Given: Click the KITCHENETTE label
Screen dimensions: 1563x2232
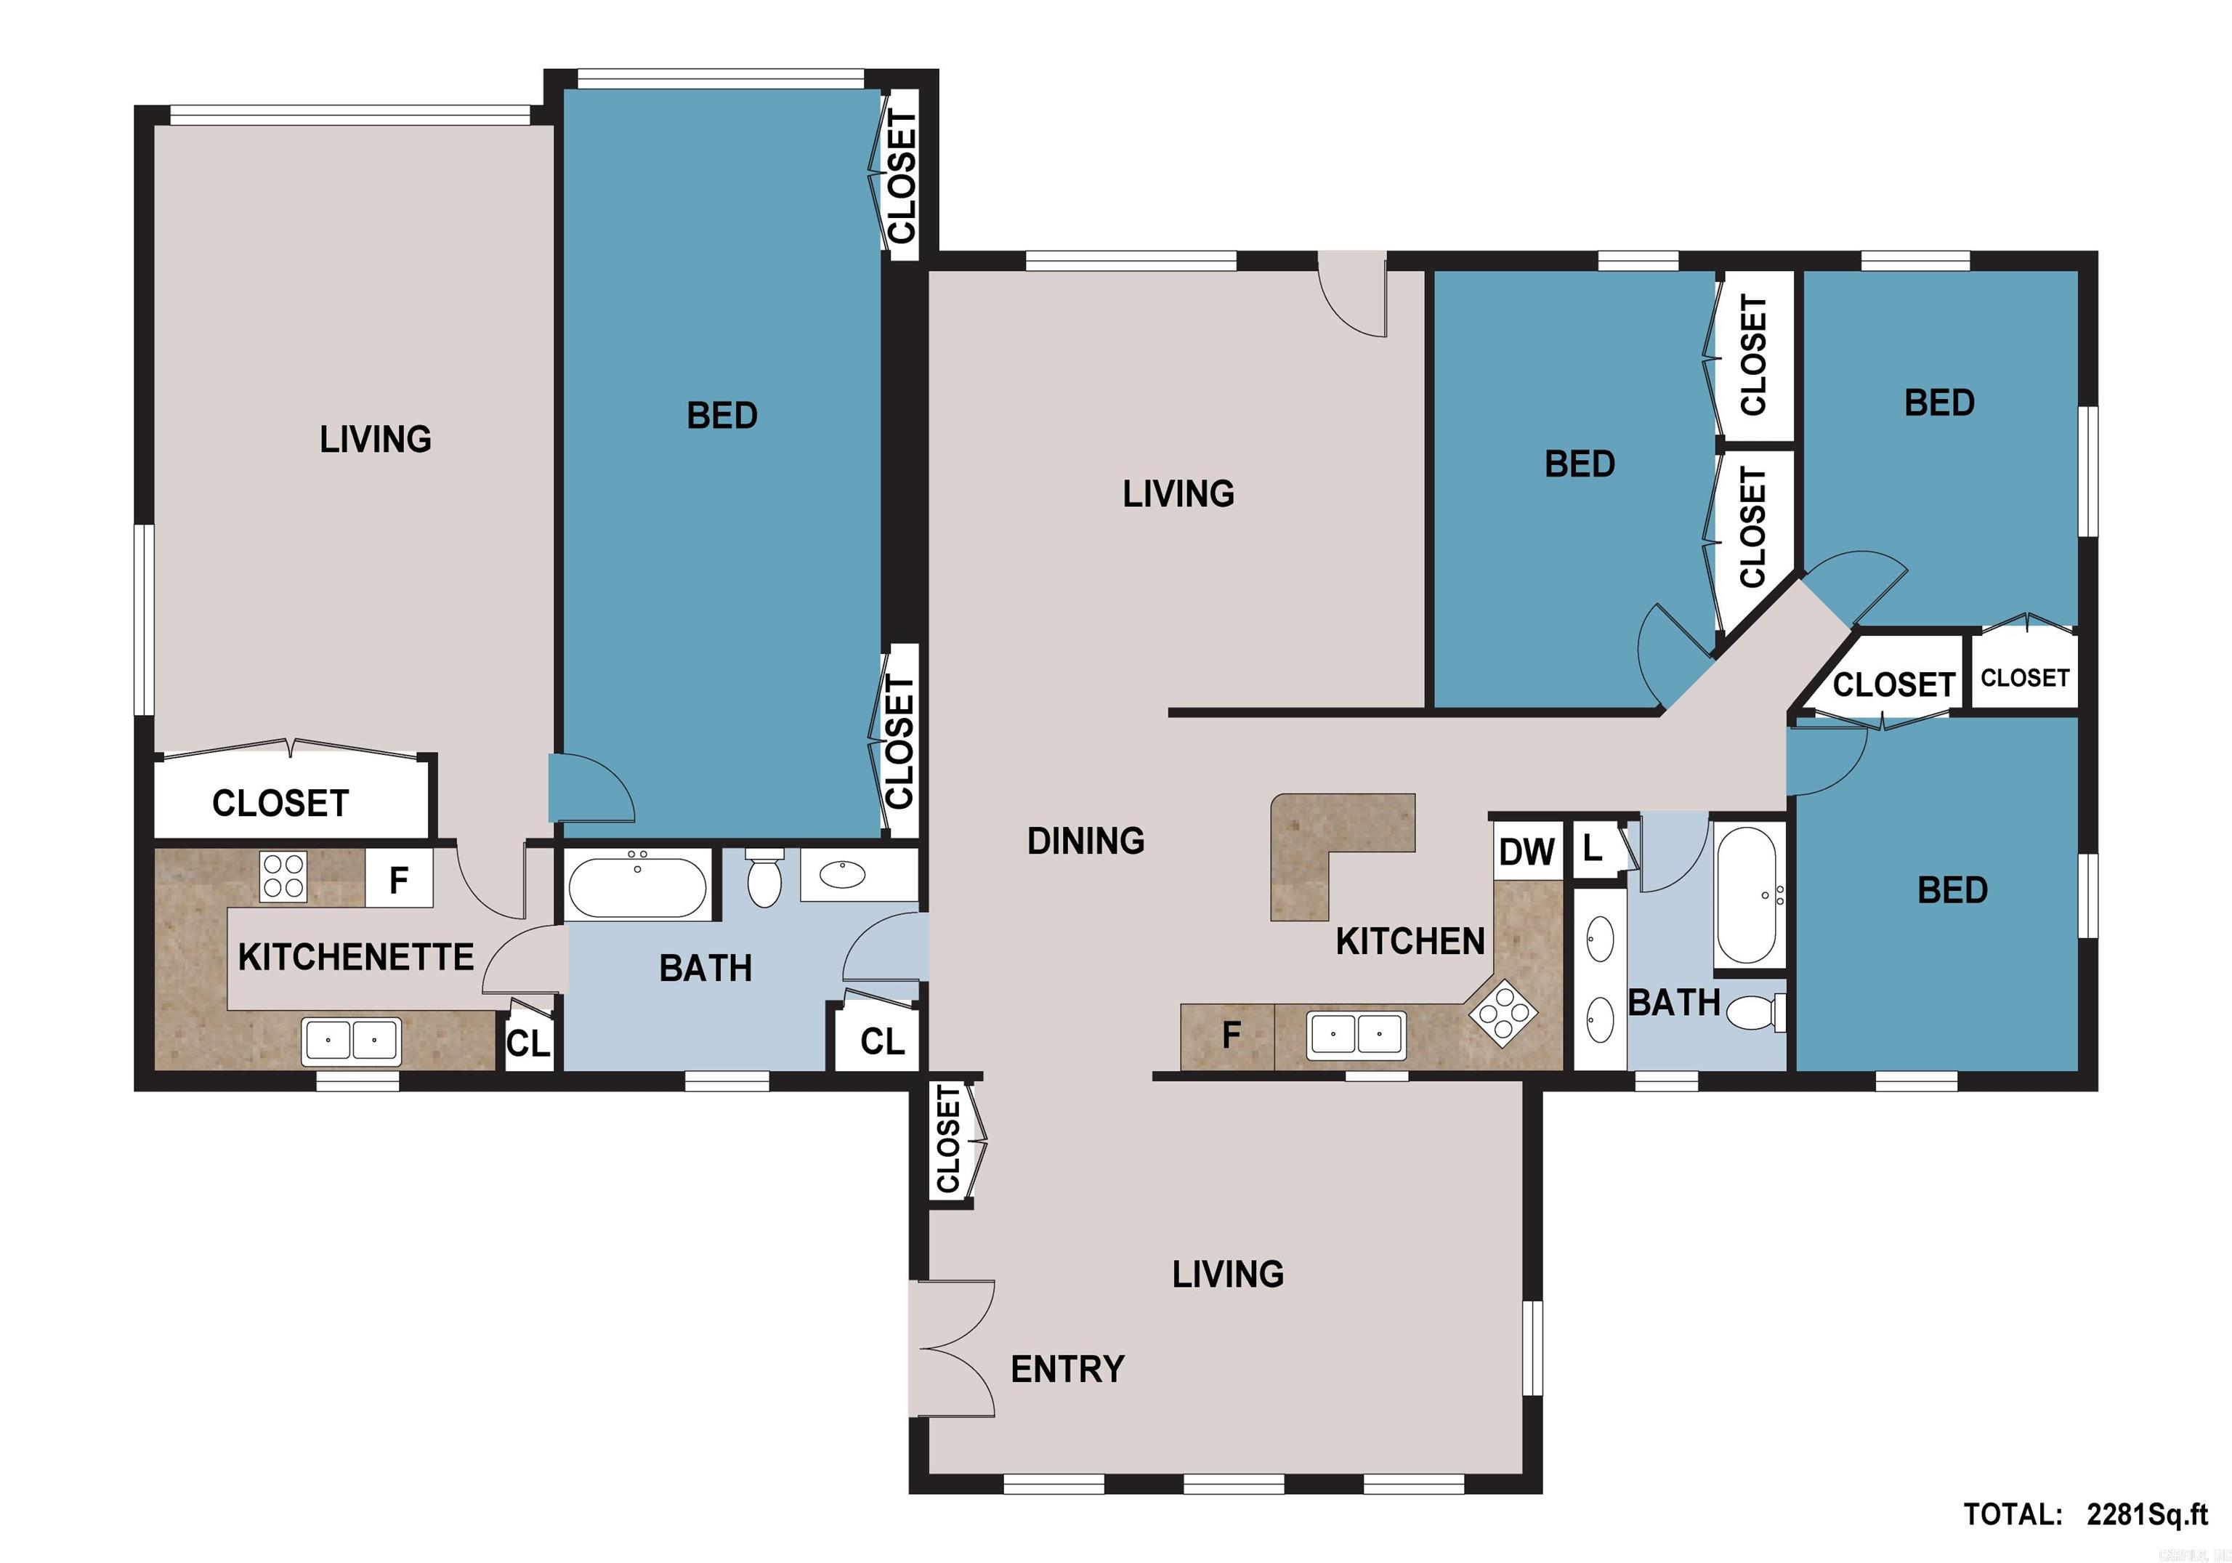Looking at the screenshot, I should pos(356,958).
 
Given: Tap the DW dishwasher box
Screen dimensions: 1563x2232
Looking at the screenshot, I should pos(1527,852).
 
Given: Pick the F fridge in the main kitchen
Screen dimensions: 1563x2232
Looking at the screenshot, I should pos(1231,1036).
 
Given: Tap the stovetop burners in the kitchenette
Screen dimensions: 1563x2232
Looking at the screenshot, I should pos(283,876).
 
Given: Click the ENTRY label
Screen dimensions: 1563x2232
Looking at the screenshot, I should pos(1067,1370).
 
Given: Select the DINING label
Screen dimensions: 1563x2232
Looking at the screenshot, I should pos(1086,841).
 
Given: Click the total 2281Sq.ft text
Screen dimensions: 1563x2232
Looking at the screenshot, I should pos(2085,1514).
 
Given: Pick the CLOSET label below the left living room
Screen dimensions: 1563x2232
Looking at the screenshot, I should pos(281,804).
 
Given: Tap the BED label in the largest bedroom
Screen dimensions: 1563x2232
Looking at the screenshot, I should pos(721,416).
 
